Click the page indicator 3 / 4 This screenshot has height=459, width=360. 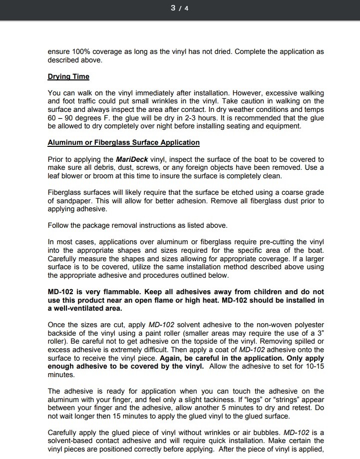(180, 8)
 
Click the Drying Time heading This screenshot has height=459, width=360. (68, 77)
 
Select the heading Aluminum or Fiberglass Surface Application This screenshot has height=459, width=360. (123, 142)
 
